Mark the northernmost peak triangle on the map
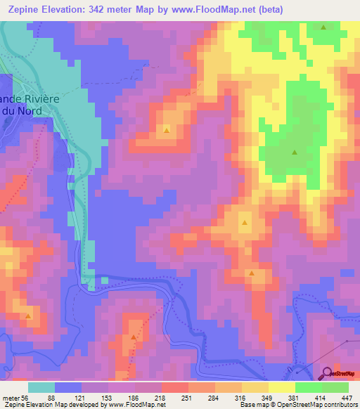click(323, 27)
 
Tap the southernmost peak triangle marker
click(132, 337)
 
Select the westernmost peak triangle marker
click(28, 316)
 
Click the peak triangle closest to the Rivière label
click(167, 130)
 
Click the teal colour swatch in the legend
click(41, 387)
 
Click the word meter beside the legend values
click(11, 397)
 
